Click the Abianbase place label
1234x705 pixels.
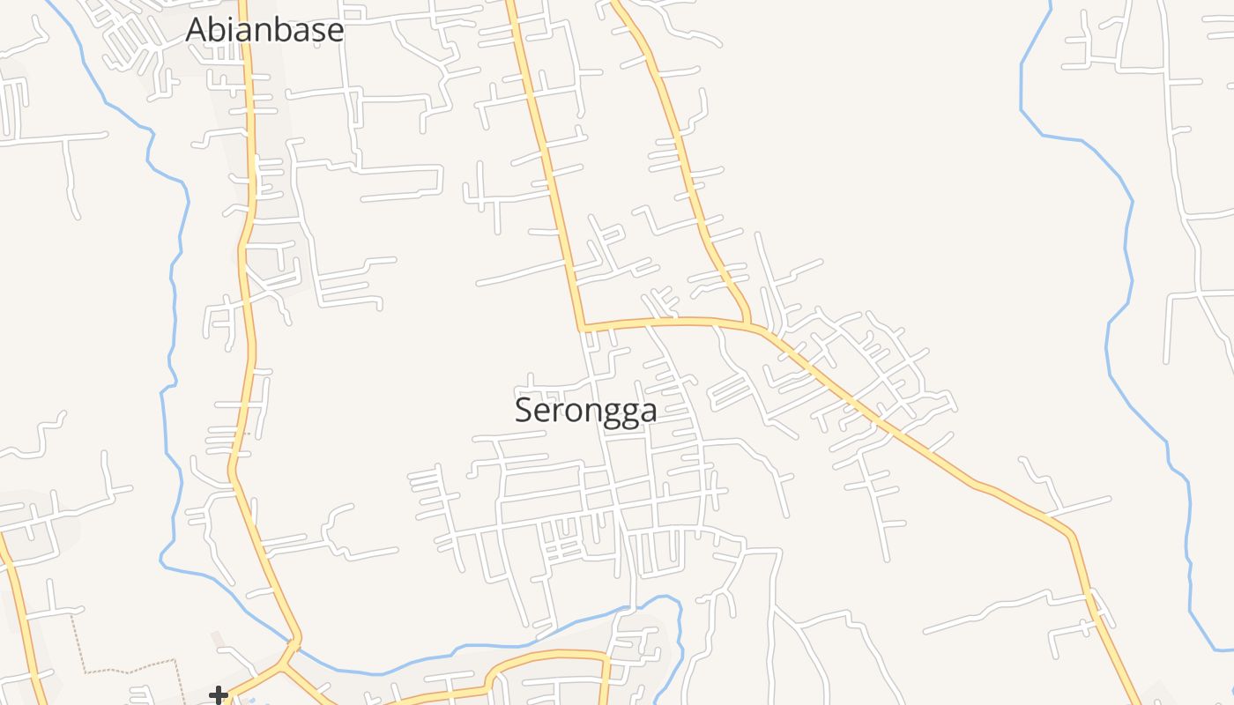pyautogui.click(x=264, y=30)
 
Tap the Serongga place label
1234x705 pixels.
pyautogui.click(x=585, y=411)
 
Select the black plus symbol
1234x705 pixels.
pyautogui.click(x=218, y=696)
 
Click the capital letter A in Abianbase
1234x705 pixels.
pyautogui.click(x=197, y=30)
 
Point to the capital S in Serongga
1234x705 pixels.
pyautogui.click(x=524, y=411)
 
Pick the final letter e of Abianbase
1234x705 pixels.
pyautogui.click(x=334, y=32)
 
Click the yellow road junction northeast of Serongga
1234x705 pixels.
pyautogui.click(x=749, y=324)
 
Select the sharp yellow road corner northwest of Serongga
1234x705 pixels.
pyautogui.click(x=582, y=328)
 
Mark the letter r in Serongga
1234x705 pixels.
pyautogui.click(x=557, y=412)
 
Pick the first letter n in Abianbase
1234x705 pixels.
pyautogui.click(x=262, y=32)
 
